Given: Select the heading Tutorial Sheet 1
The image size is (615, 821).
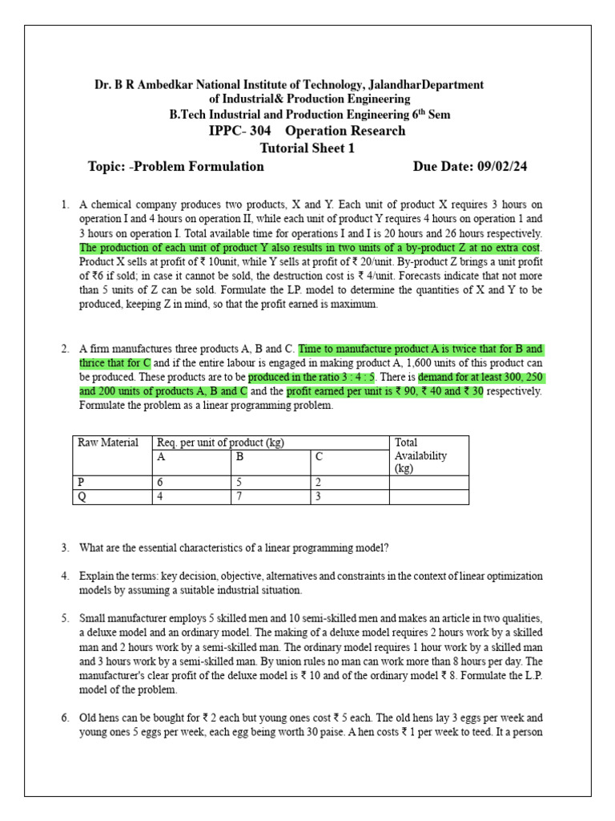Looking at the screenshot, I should (x=307, y=148).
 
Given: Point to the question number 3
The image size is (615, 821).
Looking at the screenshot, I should (x=65, y=548).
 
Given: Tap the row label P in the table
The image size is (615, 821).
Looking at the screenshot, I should (x=80, y=483).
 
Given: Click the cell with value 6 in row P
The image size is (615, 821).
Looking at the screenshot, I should (x=161, y=483).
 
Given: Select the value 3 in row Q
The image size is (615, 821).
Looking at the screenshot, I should (x=318, y=497).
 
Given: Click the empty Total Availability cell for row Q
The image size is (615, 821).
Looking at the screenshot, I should (x=428, y=497).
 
